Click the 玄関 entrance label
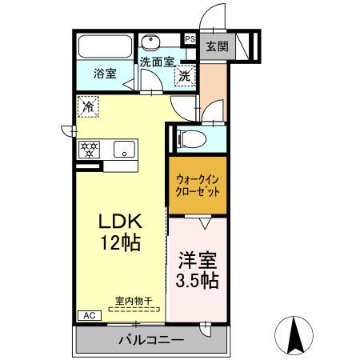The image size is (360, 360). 216,46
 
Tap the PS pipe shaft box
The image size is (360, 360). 190,38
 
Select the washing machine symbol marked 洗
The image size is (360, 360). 185,77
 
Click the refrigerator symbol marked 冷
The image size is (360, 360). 87,105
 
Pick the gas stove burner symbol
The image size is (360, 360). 88,149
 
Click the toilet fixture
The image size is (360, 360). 190,138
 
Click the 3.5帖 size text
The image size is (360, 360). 197,282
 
